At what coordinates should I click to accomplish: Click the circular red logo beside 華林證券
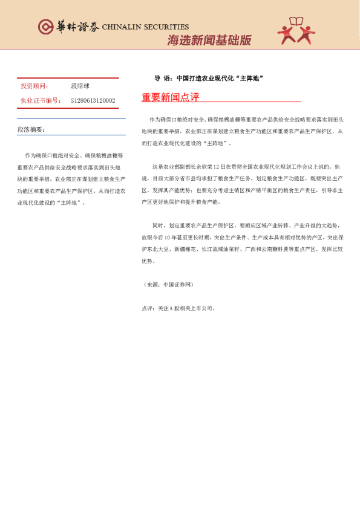pyautogui.click(x=45, y=27)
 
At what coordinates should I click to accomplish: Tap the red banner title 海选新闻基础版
pyautogui.click(x=209, y=41)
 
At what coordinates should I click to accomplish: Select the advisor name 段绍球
pyautogui.click(x=80, y=86)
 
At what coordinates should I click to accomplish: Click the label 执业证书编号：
pyautogui.click(x=41, y=100)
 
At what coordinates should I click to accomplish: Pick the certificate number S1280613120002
pyautogui.click(x=93, y=100)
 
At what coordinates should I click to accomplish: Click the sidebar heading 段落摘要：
pyautogui.click(x=31, y=129)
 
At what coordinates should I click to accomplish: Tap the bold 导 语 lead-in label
pyautogui.click(x=163, y=79)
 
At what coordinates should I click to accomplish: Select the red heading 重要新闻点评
pyautogui.click(x=170, y=97)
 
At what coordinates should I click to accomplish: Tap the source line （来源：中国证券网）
pyautogui.click(x=169, y=284)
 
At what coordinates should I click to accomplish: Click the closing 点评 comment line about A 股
pyautogui.click(x=178, y=308)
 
